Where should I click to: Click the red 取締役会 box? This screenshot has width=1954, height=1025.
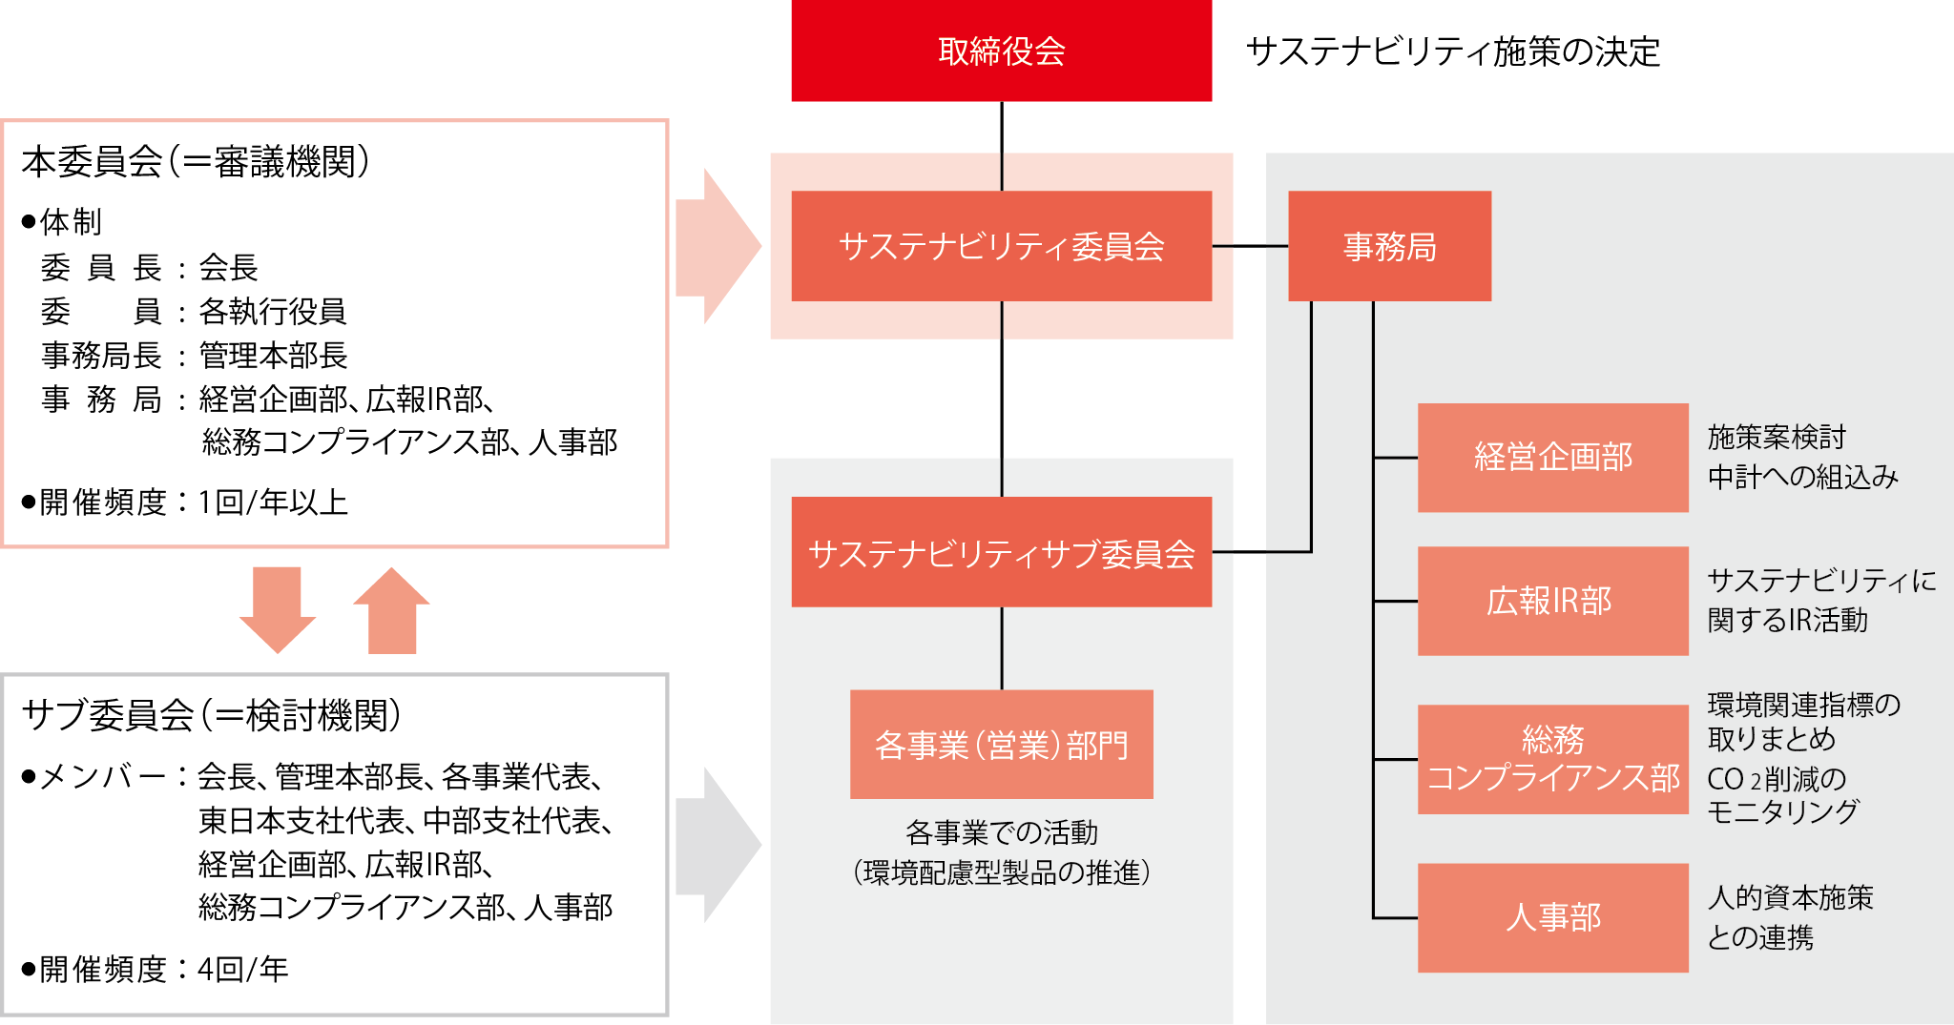click(x=1001, y=51)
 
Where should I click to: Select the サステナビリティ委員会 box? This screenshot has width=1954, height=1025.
click(x=1001, y=246)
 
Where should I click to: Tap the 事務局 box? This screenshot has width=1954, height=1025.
click(x=1389, y=246)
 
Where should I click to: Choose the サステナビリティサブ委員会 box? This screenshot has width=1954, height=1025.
click(x=1001, y=552)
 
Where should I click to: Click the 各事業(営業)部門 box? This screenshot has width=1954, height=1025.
click(x=1001, y=744)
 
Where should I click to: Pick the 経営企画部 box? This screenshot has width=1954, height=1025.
click(x=1552, y=458)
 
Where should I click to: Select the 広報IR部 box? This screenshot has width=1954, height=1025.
click(x=1552, y=601)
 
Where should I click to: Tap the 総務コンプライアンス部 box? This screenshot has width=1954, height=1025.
click(x=1552, y=759)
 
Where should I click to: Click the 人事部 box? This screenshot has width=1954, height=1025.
click(x=1552, y=917)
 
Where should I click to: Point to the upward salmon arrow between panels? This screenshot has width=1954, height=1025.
click(x=392, y=610)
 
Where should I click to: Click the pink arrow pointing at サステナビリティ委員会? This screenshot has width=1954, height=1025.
click(x=717, y=246)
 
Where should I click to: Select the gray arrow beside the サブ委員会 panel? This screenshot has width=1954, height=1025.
click(x=717, y=844)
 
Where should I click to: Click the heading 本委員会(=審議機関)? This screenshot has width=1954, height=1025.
click(x=196, y=162)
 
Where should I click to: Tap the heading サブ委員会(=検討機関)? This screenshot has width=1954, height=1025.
click(x=211, y=715)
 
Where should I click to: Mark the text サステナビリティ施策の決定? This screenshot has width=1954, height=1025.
click(x=1453, y=51)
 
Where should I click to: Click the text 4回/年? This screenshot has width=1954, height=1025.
click(x=242, y=970)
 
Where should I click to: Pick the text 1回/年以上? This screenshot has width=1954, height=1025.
click(x=273, y=502)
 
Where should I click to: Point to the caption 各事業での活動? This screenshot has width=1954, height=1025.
click(x=1001, y=833)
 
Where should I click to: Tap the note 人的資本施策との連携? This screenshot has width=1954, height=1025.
click(x=1790, y=917)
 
